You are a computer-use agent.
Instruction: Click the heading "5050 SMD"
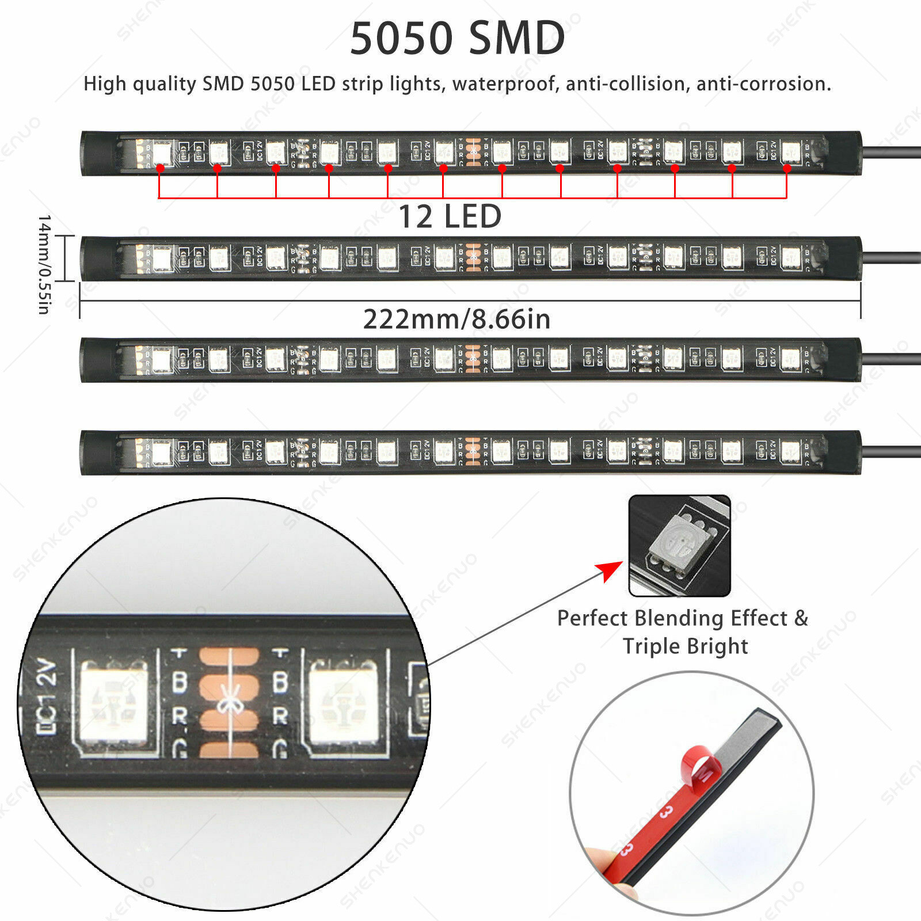458,38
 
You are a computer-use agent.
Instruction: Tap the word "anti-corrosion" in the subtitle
763,84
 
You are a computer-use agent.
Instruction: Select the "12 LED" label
450,217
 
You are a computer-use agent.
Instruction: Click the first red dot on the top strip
159,168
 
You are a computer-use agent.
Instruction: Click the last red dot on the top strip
786,168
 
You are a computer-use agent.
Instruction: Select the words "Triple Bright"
685,646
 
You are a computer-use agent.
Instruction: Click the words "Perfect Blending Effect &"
683,618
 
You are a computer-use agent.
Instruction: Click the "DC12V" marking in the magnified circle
47,698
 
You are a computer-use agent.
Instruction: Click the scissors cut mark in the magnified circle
229,705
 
